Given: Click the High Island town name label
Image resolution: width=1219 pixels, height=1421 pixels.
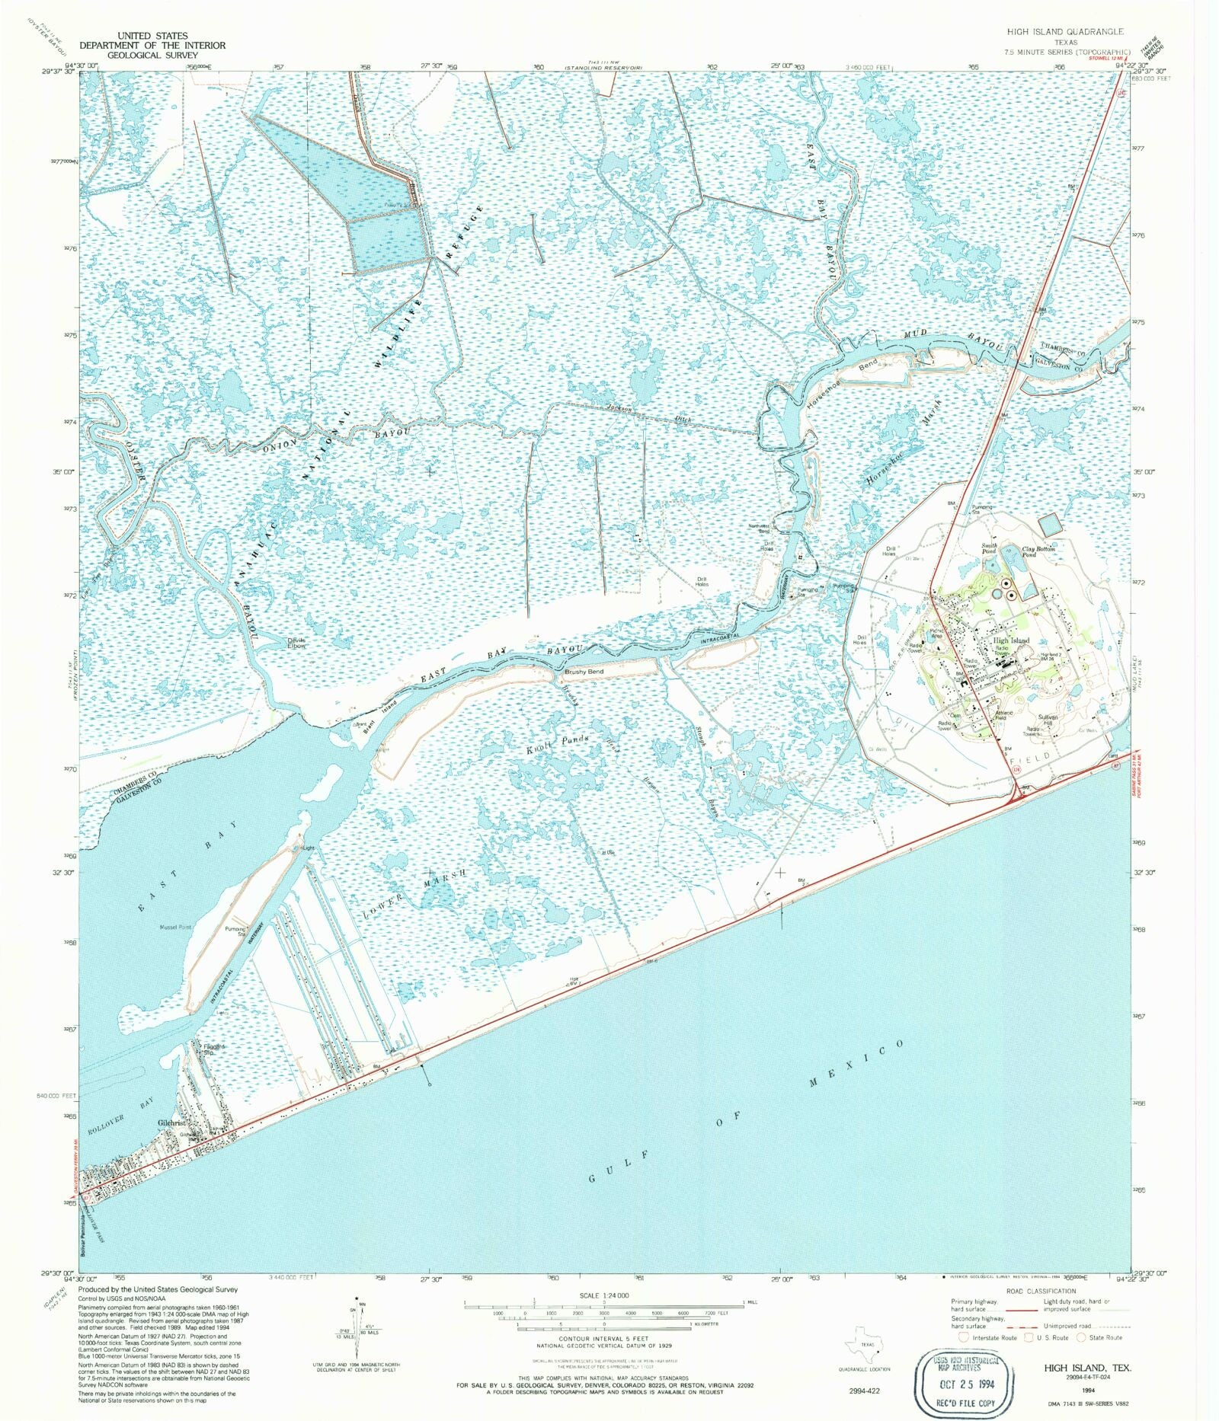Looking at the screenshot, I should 1011,640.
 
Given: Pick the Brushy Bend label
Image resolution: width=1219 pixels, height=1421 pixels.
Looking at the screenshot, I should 584,672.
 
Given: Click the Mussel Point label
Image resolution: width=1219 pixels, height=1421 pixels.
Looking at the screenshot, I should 174,928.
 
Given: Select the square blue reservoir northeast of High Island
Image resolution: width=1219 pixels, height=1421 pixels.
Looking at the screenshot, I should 1049,524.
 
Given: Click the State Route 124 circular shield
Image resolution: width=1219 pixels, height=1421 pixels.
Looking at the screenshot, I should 1016,771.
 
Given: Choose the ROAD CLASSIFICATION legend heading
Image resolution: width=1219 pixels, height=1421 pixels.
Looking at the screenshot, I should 1041,1291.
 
